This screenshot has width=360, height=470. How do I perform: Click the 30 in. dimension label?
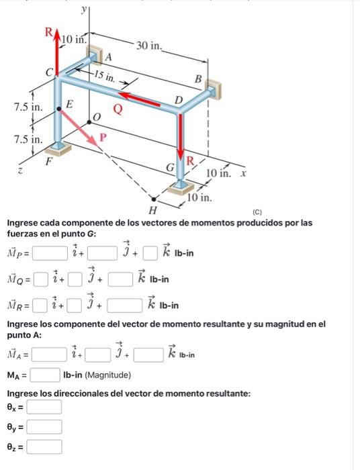(149, 46)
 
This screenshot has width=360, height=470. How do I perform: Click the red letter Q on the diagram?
(118, 107)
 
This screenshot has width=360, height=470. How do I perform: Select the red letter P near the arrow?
(103, 137)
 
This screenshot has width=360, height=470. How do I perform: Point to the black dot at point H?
(154, 199)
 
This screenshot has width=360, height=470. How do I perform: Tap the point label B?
(197, 79)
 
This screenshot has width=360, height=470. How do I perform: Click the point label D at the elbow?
(178, 100)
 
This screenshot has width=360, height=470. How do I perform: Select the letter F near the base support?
(48, 161)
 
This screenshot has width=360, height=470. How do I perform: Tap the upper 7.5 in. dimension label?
(27, 107)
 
